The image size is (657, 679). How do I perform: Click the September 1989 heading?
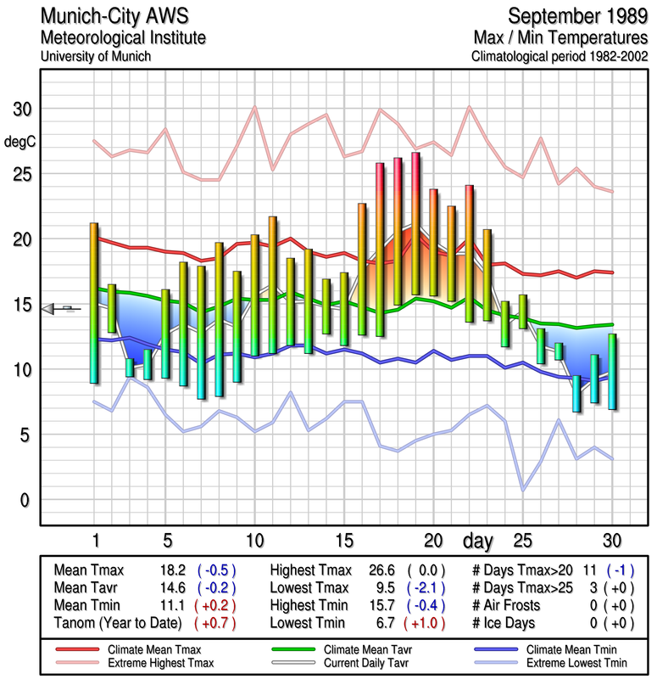click(573, 16)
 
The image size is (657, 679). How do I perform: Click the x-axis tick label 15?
click(343, 541)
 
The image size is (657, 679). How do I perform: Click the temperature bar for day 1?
click(94, 303)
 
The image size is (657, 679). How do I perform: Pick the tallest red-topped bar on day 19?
click(415, 224)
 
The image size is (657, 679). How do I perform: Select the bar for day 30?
click(612, 372)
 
